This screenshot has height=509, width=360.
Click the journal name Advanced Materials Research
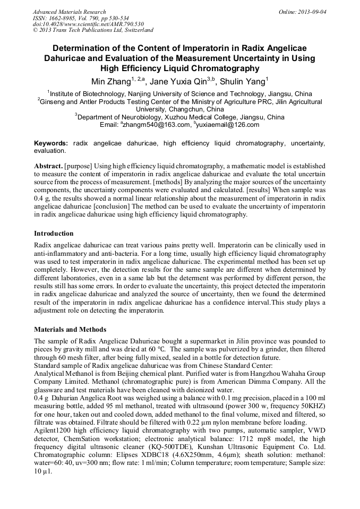pyautogui.click(x=69, y=12)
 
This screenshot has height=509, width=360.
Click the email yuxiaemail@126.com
pyautogui.click(x=228, y=125)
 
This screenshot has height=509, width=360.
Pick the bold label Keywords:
pyautogui.click(x=51, y=143)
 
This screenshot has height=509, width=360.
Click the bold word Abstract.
pyautogui.click(x=48, y=166)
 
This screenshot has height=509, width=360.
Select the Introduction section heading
pyautogui.click(x=54, y=234)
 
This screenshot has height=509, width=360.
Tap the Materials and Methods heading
pyautogui.click(x=70, y=330)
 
